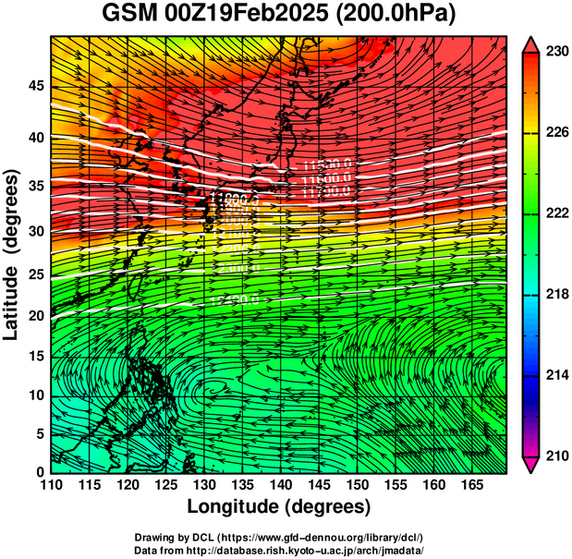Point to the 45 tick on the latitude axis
click(x=35, y=86)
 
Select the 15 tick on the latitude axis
click(x=35, y=357)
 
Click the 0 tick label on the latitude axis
click(x=40, y=472)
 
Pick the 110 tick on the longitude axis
click(x=51, y=485)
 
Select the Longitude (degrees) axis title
click(x=279, y=506)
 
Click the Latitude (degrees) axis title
click(x=13, y=254)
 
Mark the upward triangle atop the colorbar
click(x=532, y=43)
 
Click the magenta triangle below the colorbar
click(x=532, y=465)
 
